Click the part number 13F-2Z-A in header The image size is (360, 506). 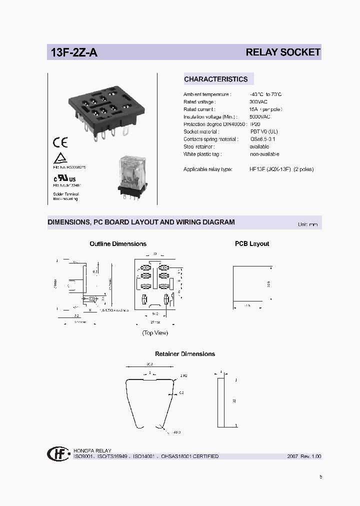[x=73, y=52]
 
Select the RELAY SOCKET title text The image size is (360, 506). [x=282, y=52]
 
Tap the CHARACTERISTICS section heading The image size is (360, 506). [x=215, y=79]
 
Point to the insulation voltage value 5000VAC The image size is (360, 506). [x=260, y=116]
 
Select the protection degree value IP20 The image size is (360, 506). [x=255, y=124]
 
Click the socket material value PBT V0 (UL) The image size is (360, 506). [x=264, y=131]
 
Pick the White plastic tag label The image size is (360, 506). [x=202, y=154]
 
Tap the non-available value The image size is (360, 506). [x=264, y=154]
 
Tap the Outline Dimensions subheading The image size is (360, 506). [x=118, y=244]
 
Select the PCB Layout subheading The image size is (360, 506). [x=252, y=244]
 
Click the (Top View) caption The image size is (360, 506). [x=155, y=332]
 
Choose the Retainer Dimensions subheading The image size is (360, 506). [x=185, y=354]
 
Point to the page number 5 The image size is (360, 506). [x=320, y=476]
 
